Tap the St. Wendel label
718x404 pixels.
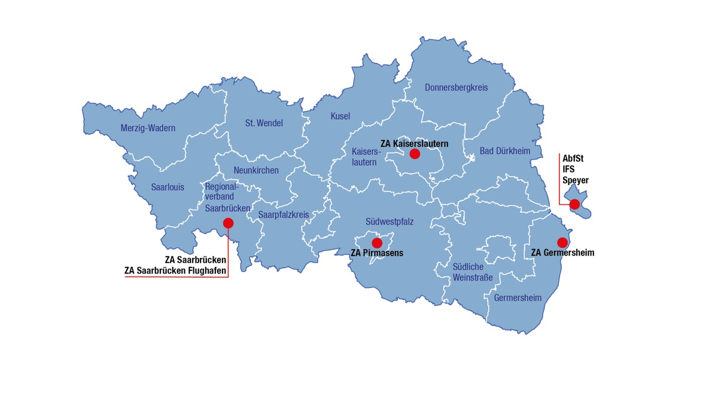[264, 123]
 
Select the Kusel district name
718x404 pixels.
[340, 116]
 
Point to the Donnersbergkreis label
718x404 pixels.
[456, 87]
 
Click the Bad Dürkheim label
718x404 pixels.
[505, 151]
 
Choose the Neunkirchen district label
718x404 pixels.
[256, 171]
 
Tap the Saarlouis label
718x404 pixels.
[168, 187]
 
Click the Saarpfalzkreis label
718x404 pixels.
[284, 214]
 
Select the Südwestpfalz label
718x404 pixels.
[390, 221]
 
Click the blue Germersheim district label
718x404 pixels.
[518, 297]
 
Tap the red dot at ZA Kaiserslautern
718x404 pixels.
[415, 154]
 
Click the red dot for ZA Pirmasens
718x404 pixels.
[377, 243]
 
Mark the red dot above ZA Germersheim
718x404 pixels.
[562, 242]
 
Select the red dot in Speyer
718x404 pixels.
[574, 204]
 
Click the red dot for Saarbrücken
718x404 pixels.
[228, 223]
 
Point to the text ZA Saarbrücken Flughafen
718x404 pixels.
[175, 271]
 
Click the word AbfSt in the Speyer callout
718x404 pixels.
[573, 159]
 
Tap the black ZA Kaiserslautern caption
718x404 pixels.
[414, 144]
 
